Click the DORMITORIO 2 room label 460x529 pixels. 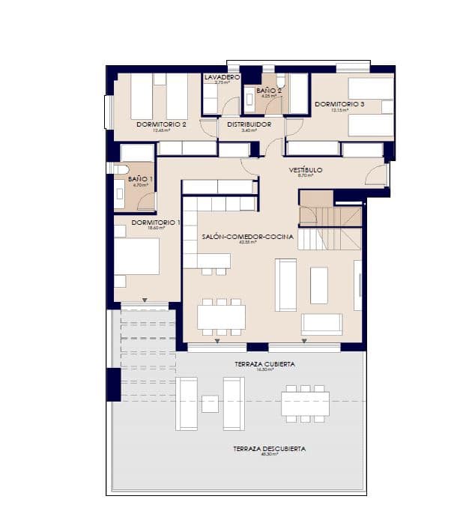161,124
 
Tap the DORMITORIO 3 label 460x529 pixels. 339,104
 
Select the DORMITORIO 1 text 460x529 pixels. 156,223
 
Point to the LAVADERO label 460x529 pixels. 222,77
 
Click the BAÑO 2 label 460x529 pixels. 269,91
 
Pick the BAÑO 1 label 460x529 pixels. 140,179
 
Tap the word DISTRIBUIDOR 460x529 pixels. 249,124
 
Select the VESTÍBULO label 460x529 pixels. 306,170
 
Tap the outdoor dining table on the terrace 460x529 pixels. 305,404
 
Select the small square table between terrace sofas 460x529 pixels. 211,404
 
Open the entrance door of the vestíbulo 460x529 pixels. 376,175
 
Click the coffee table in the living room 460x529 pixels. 319,285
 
